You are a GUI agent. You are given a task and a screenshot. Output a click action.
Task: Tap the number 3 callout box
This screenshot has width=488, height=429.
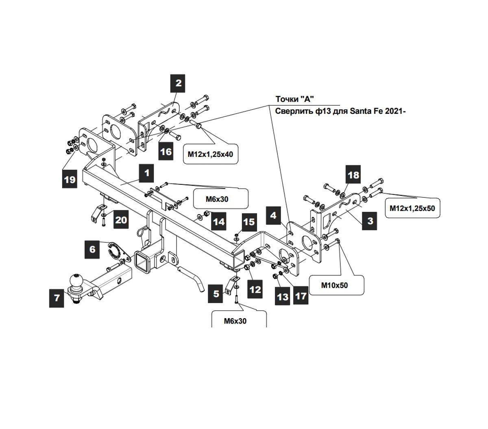pyautogui.click(x=370, y=221)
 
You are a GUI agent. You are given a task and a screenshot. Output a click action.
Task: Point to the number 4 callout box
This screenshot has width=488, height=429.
pyautogui.click(x=274, y=215)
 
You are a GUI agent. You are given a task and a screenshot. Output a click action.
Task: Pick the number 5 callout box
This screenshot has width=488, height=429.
pyautogui.click(x=216, y=293)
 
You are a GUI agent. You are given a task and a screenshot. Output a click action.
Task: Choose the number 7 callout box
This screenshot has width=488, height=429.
pyautogui.click(x=57, y=298)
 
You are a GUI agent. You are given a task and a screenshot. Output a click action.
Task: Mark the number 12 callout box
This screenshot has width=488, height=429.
pyautogui.click(x=255, y=290)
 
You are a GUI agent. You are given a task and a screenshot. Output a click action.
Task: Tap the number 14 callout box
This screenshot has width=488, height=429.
pyautogui.click(x=219, y=221)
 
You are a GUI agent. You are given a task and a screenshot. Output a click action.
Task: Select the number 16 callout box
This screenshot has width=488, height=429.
pyautogui.click(x=166, y=152)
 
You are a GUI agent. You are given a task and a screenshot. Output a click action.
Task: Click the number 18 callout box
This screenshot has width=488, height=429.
pyautogui.click(x=354, y=175)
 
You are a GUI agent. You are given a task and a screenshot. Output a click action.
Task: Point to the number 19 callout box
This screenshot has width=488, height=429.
pyautogui.click(x=70, y=179)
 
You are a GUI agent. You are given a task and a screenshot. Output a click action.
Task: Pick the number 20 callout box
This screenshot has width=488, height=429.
pyautogui.click(x=121, y=220)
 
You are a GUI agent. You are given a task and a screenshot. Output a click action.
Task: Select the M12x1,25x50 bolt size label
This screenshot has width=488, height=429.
pyautogui.click(x=412, y=208)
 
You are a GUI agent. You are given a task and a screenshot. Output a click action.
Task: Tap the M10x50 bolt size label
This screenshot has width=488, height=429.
pyautogui.click(x=334, y=285)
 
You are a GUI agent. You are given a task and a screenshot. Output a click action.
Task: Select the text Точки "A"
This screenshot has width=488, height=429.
pyautogui.click(x=295, y=99)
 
